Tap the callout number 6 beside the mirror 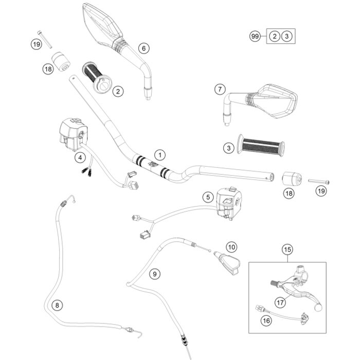143,48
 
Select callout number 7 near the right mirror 220,89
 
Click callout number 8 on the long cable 57,305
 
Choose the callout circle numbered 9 154,274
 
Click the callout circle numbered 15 287,250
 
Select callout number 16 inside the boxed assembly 265,321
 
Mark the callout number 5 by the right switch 207,197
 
